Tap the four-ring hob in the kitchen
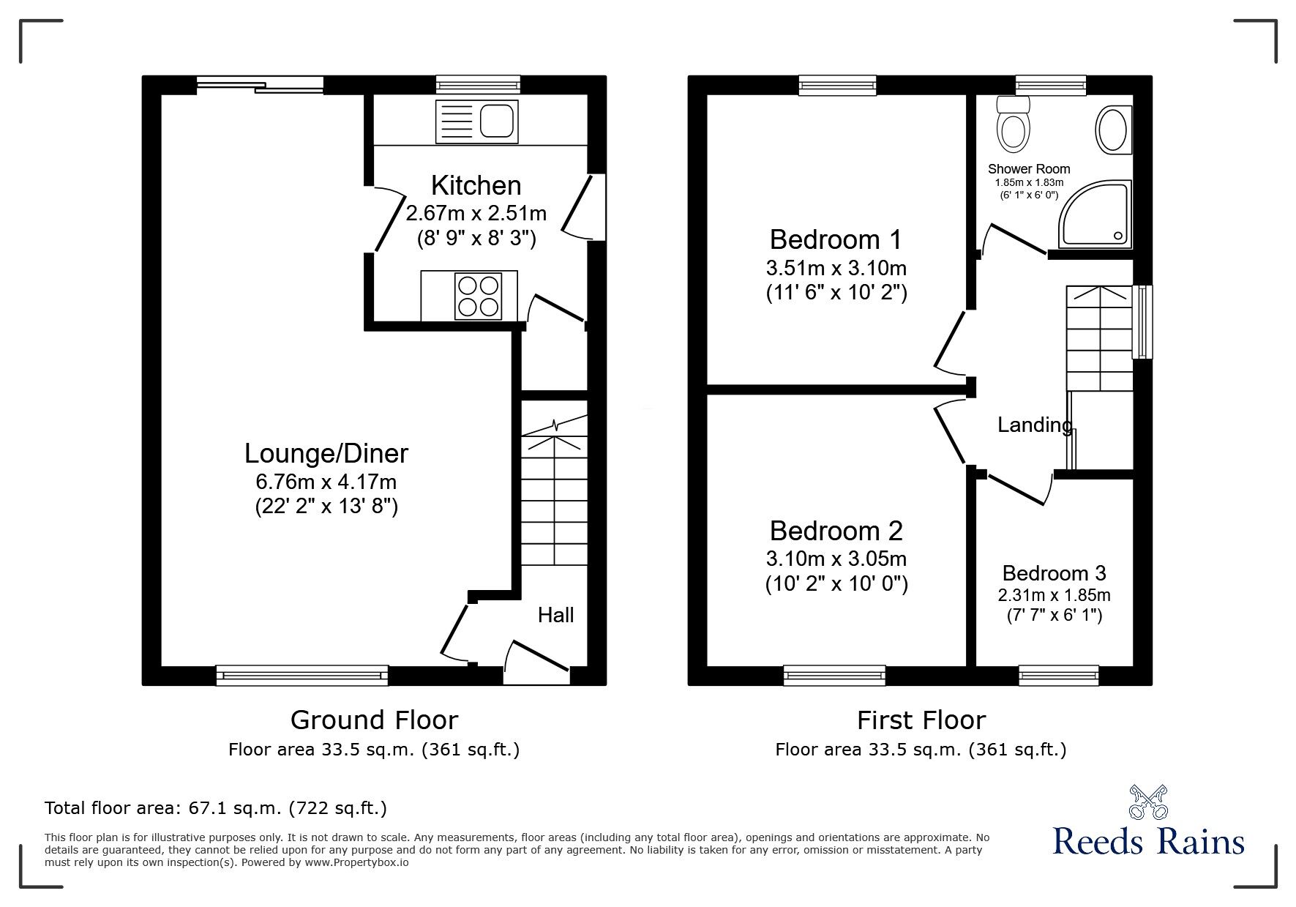click(478, 296)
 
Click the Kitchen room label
click(476, 185)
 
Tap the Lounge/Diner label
click(326, 453)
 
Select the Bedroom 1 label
click(836, 239)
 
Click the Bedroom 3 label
click(1054, 573)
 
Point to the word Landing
click(1035, 425)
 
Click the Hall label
click(555, 615)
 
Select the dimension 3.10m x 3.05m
click(836, 559)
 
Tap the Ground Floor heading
click(374, 720)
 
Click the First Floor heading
click(921, 720)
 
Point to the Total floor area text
click(216, 808)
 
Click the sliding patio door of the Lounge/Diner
click(260, 86)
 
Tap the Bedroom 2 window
click(834, 675)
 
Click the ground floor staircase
click(554, 498)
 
